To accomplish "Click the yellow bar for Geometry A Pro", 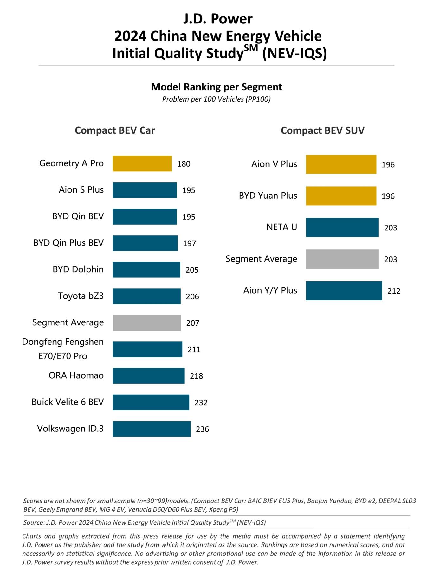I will [142, 163].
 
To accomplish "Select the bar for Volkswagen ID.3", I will [152, 429].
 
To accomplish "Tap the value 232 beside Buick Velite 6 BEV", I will [201, 402].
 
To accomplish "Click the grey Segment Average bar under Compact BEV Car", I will [146, 323].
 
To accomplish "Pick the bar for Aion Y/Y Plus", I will [344, 290].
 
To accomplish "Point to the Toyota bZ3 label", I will [81, 296].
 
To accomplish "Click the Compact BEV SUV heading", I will [322, 130].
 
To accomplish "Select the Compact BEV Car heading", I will [115, 130].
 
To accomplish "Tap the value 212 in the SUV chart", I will [394, 291].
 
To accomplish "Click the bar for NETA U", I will [342, 228].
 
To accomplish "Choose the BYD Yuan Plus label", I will [268, 196].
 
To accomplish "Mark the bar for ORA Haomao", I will [148, 376].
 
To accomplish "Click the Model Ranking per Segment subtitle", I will [216, 87].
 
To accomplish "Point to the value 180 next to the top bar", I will [184, 164].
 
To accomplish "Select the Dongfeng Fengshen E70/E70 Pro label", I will [63, 349].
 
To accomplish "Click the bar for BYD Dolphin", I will [146, 269].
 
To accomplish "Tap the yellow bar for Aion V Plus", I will [341, 164].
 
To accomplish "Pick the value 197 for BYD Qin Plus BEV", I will [189, 243].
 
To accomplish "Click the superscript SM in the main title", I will [251, 48].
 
